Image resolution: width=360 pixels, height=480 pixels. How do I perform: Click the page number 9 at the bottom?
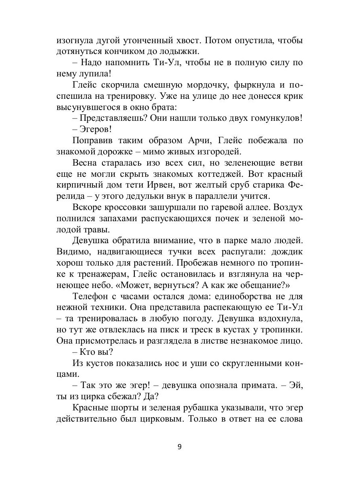(180, 447)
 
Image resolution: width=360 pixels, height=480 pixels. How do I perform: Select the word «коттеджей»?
(218, 174)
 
